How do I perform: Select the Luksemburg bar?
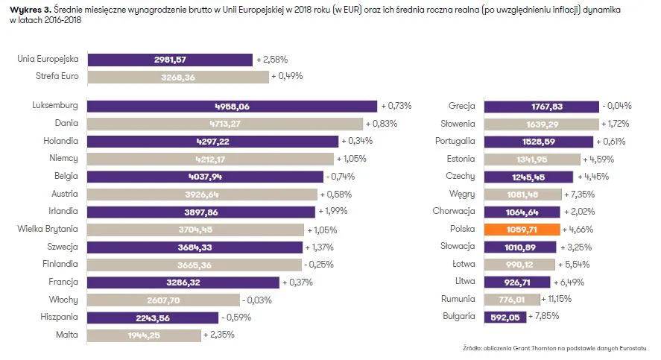(232, 107)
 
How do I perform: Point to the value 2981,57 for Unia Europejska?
(170, 59)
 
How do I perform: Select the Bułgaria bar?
(505, 317)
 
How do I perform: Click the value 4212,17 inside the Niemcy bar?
(210, 159)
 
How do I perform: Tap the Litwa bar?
(516, 282)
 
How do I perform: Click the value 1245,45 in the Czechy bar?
(528, 177)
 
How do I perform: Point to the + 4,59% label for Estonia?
(601, 159)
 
